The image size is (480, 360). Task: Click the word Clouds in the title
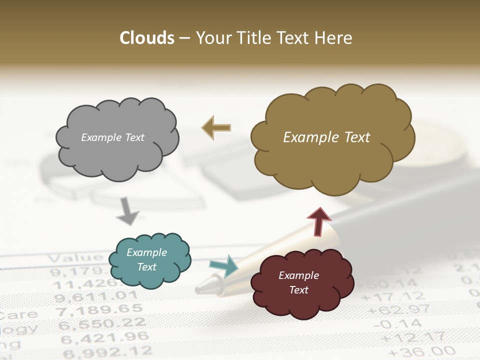(147, 38)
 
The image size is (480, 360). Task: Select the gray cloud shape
(117, 138)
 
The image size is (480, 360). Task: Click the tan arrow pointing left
(216, 127)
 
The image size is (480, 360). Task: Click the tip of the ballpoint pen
(202, 287)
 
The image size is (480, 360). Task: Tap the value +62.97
(400, 310)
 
